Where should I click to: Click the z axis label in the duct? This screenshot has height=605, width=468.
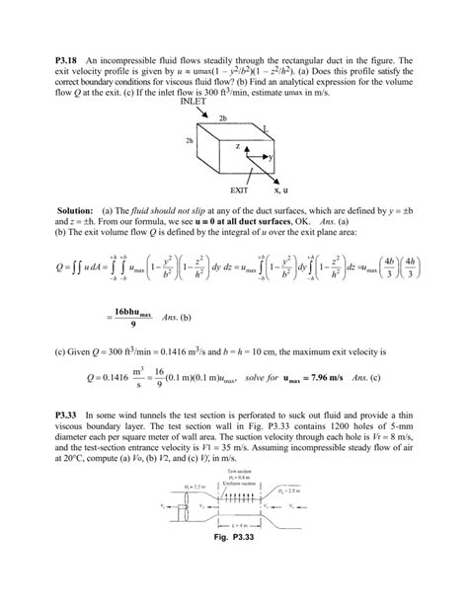(236, 145)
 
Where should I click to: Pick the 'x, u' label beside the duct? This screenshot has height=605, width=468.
(280, 188)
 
